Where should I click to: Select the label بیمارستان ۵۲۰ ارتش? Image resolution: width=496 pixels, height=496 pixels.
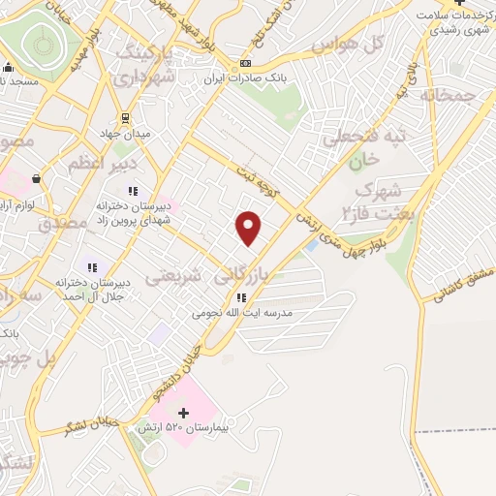tap(216, 426)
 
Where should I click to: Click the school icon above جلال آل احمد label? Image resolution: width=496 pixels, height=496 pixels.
tap(93, 265)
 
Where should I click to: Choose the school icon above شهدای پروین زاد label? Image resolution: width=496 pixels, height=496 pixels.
tap(133, 191)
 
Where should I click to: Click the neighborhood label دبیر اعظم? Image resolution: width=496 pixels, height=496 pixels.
tap(94, 165)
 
